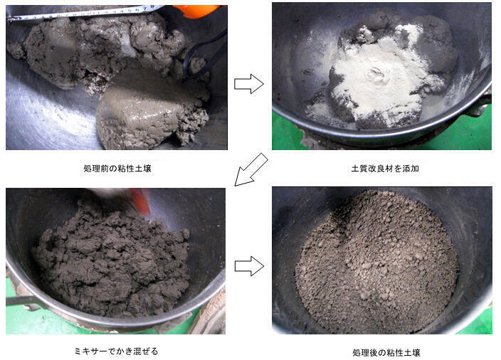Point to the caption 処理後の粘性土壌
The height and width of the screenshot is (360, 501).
[x=381, y=352]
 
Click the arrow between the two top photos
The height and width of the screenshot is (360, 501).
[x=248, y=84]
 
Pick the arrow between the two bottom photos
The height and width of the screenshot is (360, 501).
[x=248, y=266]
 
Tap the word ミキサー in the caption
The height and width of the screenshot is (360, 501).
[x=90, y=351]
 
